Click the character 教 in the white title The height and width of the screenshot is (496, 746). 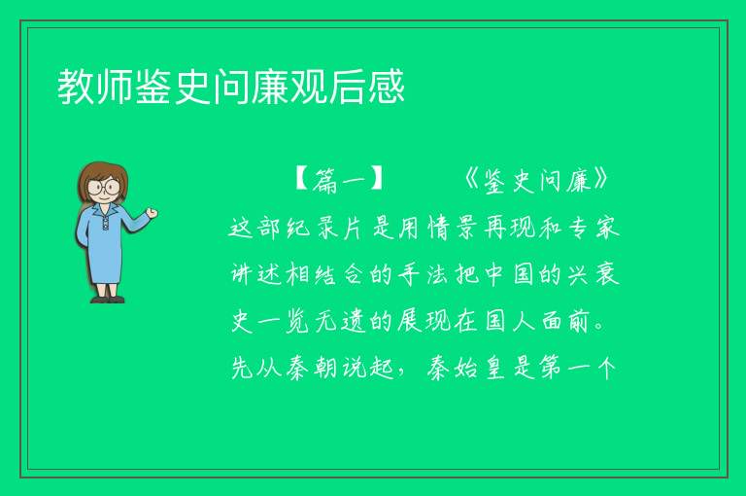(x=76, y=87)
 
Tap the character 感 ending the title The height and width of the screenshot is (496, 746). (x=386, y=87)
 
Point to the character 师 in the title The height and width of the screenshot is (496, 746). (x=115, y=87)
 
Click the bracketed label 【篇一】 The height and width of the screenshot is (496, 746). (x=339, y=180)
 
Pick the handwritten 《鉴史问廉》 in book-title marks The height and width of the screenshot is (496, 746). (x=536, y=180)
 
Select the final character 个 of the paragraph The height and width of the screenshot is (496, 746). (x=607, y=368)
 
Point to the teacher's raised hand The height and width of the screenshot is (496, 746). (x=152, y=213)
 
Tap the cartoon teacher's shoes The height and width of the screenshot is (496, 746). (x=108, y=300)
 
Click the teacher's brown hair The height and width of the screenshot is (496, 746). (x=103, y=177)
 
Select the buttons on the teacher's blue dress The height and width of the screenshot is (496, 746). (x=105, y=224)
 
